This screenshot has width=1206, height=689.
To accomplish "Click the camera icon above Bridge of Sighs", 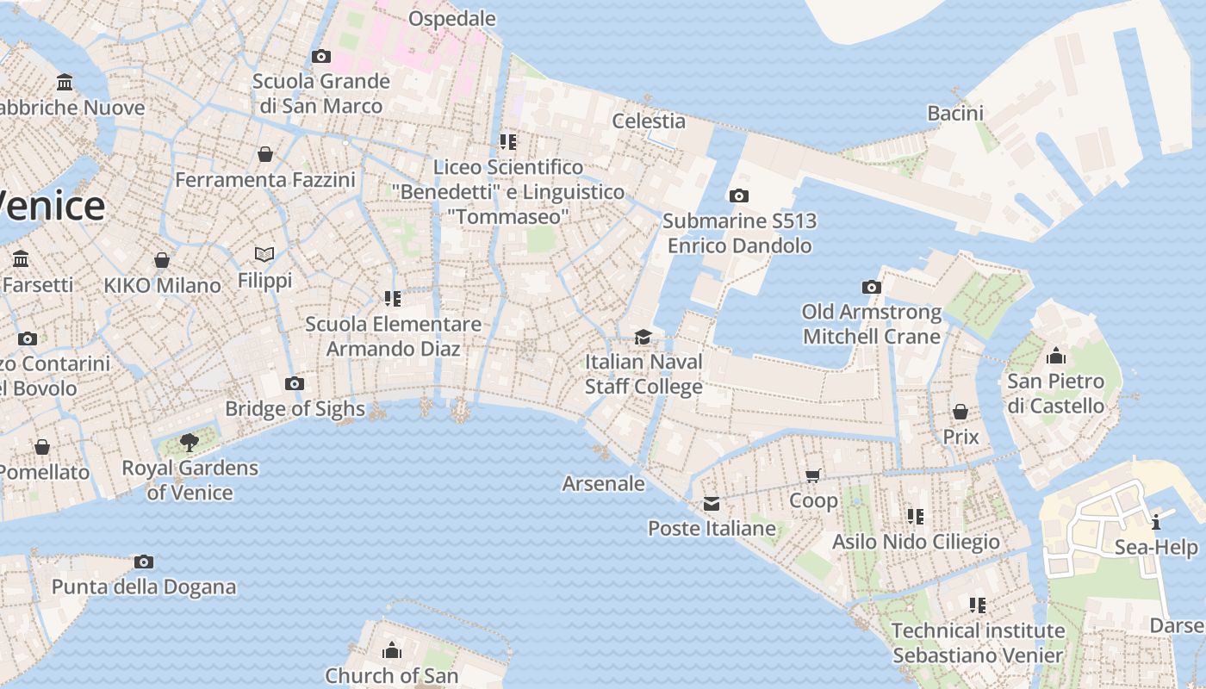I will point(295,383).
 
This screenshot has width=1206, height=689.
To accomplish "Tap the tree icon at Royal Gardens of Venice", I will point(190,443).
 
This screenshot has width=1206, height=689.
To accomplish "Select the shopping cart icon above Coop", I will point(812,475).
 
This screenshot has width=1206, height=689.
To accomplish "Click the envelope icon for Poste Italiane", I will point(712,504).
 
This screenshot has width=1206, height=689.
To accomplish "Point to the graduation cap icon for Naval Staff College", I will point(643,337).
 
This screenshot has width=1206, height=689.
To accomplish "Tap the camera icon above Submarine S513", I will point(738,196).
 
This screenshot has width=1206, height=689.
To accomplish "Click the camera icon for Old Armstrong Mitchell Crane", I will point(871,287).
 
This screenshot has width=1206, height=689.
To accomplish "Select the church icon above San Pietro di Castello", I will point(1055,356).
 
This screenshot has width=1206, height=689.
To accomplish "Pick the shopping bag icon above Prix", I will point(960,412).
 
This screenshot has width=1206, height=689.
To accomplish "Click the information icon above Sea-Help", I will point(1155,521).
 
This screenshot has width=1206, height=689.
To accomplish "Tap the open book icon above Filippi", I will point(264,255).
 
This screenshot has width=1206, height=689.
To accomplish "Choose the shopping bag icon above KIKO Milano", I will point(162,259).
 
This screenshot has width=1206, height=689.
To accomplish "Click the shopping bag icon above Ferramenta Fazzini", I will point(264,154).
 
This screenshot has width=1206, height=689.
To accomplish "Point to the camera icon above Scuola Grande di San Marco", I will point(320,57).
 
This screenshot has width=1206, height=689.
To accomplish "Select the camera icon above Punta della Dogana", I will point(144,562).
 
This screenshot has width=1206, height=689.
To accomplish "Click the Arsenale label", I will point(603,483).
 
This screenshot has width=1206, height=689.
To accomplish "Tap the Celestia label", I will point(649,121).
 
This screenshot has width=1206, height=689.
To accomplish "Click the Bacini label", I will point(955,113).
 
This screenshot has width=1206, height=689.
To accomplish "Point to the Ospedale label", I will point(452,18).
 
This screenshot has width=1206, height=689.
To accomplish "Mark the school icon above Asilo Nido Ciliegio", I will point(915,517).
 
